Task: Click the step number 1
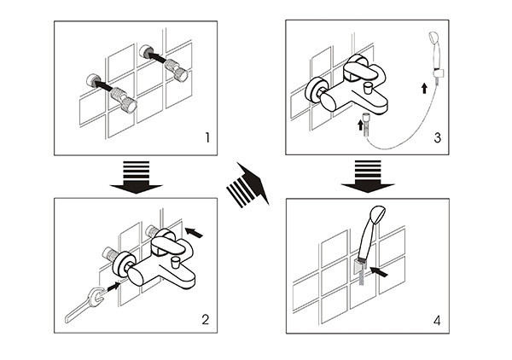click(206, 136)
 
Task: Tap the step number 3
click(438, 136)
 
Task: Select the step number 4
click(438, 320)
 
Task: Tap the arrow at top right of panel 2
click(194, 229)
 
